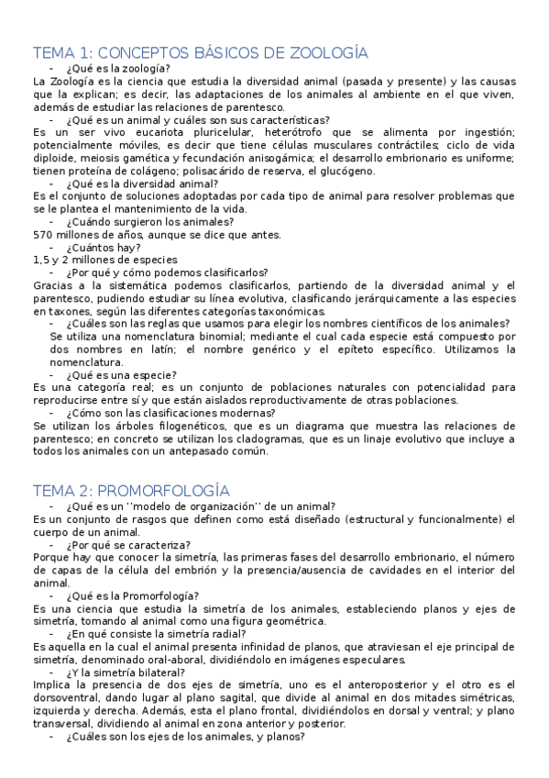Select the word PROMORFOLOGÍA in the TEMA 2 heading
[x=163, y=491]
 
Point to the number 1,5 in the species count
[x=40, y=260]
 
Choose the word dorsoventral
[x=67, y=698]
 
